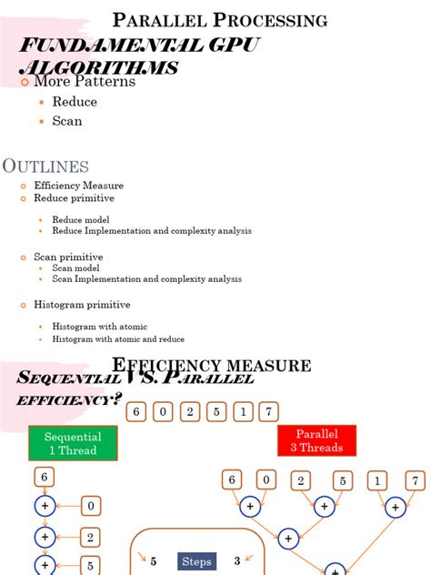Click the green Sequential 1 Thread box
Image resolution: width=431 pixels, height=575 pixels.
[x=72, y=443]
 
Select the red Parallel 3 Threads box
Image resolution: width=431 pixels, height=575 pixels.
[x=316, y=440]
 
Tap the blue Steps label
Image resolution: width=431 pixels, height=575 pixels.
[x=196, y=562]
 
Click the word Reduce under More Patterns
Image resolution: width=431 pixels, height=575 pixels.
[x=75, y=102]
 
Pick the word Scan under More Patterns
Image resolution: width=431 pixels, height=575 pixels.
[x=67, y=121]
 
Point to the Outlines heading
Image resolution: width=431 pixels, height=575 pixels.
[x=46, y=166]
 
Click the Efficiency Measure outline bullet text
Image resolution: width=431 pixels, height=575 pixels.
[x=78, y=186]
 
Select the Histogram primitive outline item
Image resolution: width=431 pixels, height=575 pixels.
[x=82, y=305]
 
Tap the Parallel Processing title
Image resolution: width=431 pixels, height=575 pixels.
[x=219, y=20]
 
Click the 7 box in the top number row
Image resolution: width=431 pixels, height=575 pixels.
[x=268, y=412]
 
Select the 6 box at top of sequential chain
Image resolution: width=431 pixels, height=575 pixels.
[x=45, y=477]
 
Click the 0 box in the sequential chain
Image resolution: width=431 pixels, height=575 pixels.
[x=92, y=506]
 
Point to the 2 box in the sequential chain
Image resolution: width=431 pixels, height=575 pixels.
[x=92, y=538]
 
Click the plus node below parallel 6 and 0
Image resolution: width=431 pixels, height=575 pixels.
[x=249, y=507]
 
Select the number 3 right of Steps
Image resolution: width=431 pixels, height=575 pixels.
[x=237, y=562]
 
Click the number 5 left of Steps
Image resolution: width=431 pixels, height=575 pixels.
[x=154, y=562]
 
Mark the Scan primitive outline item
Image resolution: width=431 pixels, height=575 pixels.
[x=68, y=257]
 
